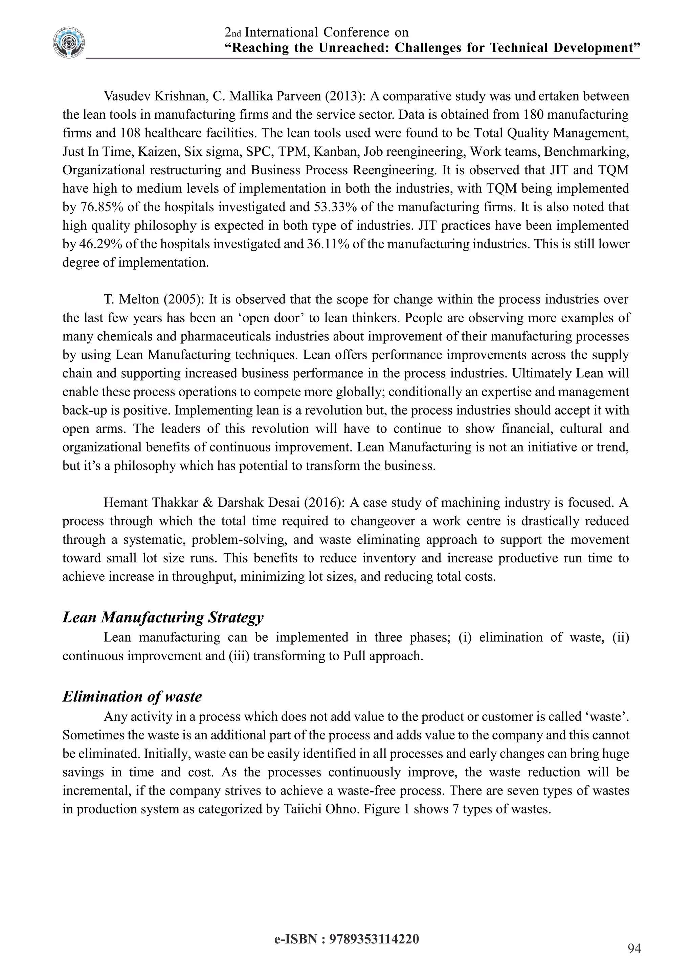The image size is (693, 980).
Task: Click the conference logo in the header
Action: click(x=69, y=43)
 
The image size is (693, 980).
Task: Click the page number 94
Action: click(x=634, y=949)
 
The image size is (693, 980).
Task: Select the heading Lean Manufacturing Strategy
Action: click(x=163, y=617)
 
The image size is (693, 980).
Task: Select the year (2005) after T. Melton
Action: click(x=183, y=299)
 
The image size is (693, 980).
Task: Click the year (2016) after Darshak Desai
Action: click(x=324, y=503)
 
